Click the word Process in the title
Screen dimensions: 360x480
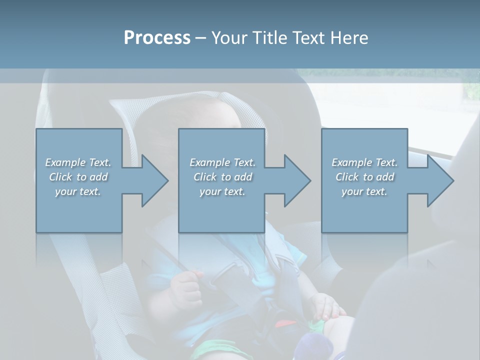tap(157, 37)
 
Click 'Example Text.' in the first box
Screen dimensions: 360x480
tap(78, 162)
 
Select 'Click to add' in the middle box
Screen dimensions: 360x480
tap(222, 177)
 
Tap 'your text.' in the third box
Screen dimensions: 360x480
tap(364, 191)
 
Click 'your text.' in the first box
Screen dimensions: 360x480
tap(78, 191)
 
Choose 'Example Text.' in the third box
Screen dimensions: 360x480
tap(364, 162)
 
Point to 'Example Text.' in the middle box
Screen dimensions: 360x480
tap(222, 162)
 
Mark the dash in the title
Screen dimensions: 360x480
tap(201, 38)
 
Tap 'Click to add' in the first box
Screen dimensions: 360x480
tap(78, 177)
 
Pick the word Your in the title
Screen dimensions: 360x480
tap(229, 37)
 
